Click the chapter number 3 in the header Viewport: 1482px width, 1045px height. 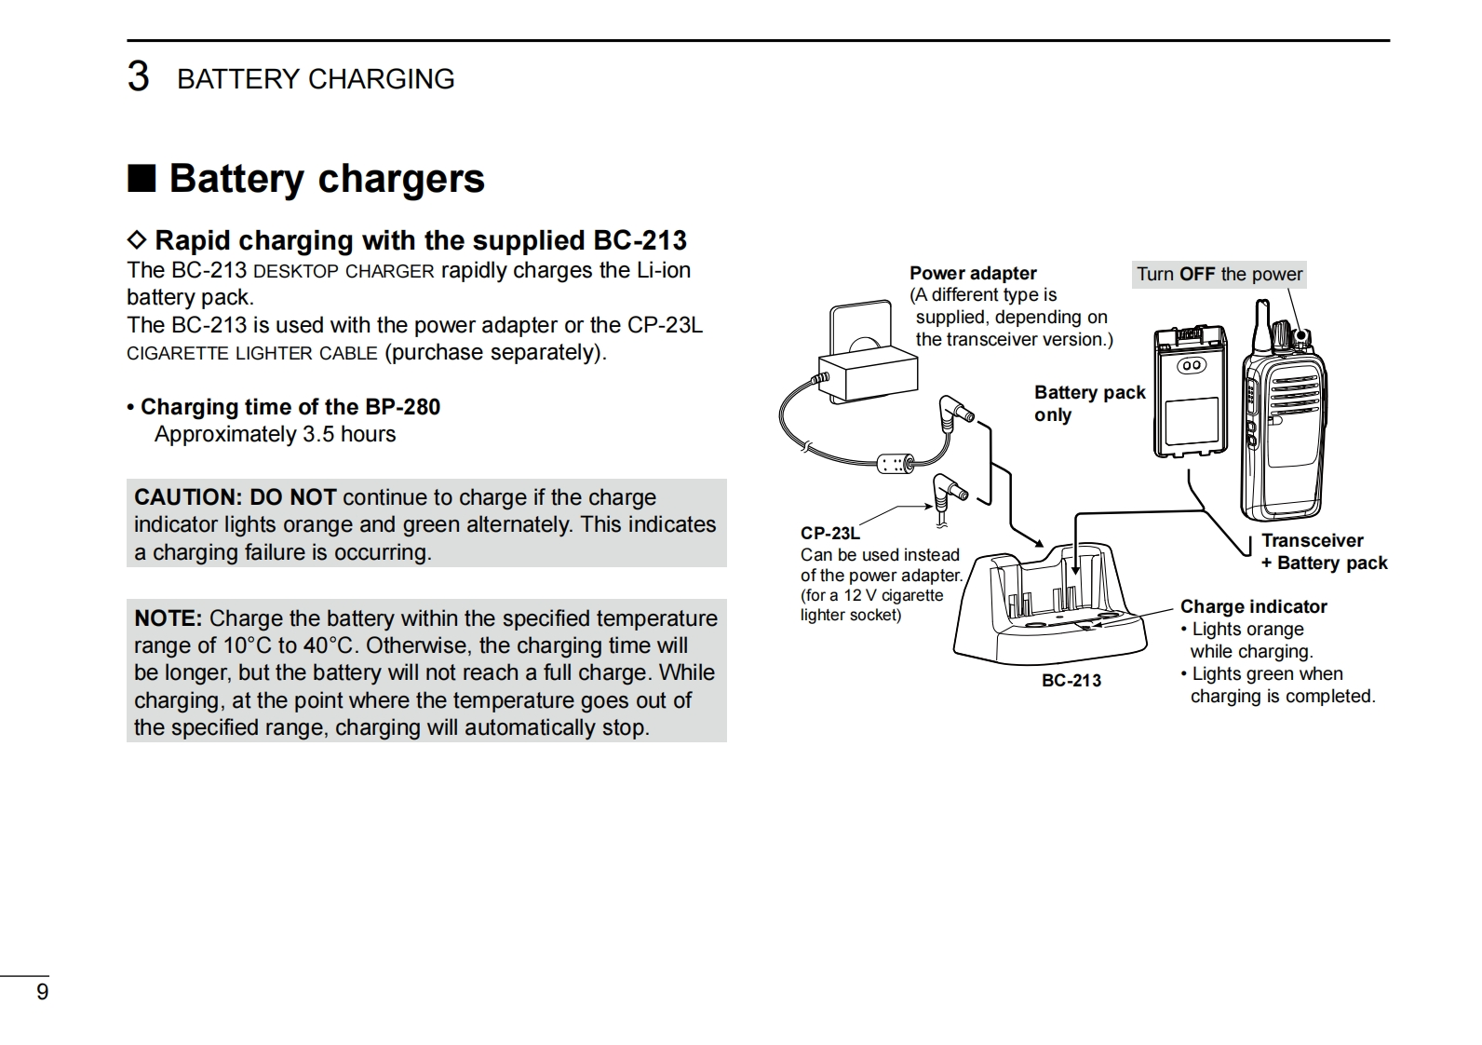point(138,77)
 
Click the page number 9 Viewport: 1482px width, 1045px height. point(42,992)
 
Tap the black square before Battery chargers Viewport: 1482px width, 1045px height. point(141,177)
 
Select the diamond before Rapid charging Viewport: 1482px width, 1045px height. point(137,240)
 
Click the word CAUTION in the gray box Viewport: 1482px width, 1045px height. point(187,497)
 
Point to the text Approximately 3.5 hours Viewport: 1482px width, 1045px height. point(275,434)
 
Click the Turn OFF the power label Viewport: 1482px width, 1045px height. point(1219,274)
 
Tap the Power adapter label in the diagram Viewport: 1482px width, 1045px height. point(973,273)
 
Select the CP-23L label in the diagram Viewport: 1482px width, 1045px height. point(829,533)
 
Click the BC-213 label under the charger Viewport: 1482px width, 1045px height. point(1071,681)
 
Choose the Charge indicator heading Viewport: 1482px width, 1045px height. point(1253,606)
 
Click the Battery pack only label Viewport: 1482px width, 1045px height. point(1089,403)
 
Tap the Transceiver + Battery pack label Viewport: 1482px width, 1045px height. point(1323,551)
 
